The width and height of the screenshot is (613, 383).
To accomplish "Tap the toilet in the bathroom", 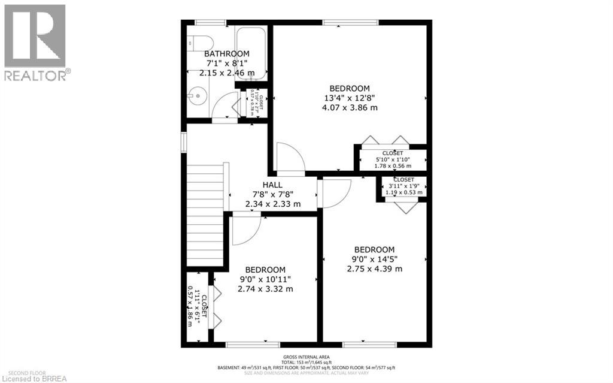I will pyautogui.click(x=199, y=43).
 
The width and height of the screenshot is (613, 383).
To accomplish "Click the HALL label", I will pyautogui.click(x=272, y=185).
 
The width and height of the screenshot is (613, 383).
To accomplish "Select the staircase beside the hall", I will pyautogui.click(x=205, y=216).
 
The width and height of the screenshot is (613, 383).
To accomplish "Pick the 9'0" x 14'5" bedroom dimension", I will pyautogui.click(x=374, y=259).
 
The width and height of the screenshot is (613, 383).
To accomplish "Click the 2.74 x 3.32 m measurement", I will pyautogui.click(x=265, y=289).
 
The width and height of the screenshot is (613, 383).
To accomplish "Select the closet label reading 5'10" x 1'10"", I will pyautogui.click(x=392, y=159).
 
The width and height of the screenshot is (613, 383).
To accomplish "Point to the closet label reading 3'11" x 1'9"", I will pyautogui.click(x=403, y=186).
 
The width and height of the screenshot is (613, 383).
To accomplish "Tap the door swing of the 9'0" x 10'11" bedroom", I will pyautogui.click(x=246, y=231).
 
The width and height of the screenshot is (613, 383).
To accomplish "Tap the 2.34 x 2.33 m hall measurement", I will pyautogui.click(x=272, y=204).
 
